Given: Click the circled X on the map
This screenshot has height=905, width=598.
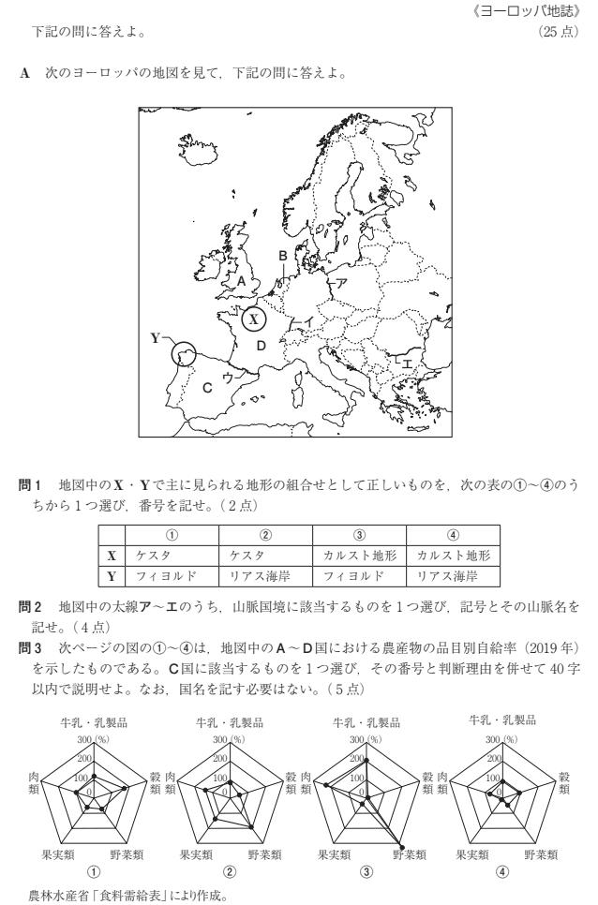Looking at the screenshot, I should tap(253, 319).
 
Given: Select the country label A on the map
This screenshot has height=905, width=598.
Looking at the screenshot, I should tap(241, 280).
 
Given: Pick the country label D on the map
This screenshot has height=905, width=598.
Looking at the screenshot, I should tap(262, 347).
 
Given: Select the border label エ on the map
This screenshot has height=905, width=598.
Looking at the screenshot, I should tap(407, 363).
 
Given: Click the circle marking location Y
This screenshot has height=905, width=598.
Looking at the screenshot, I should tap(185, 354).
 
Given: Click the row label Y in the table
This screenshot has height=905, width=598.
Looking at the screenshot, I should tap(111, 576).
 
